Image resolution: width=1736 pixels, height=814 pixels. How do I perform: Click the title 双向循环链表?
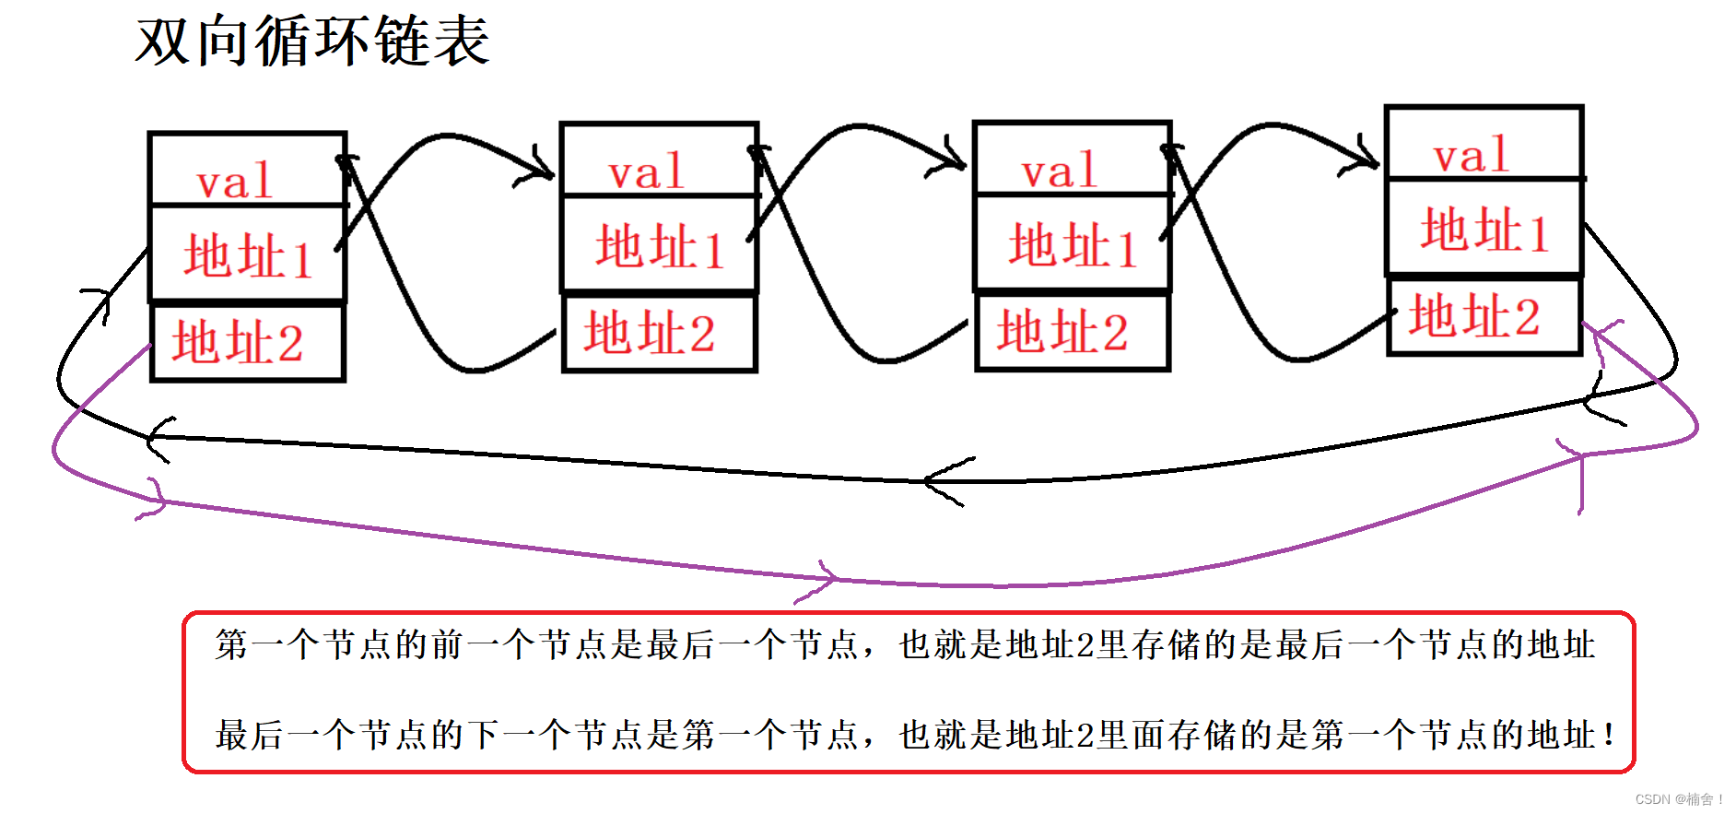312,41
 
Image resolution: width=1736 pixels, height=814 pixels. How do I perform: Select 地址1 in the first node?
248,255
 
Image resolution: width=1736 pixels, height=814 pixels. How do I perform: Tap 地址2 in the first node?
238,342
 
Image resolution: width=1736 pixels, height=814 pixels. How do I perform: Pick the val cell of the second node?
647,171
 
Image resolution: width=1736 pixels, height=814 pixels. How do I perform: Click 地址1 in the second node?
660,247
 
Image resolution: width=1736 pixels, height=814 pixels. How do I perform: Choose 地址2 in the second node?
650,333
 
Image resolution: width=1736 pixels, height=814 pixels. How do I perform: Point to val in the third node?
1060,171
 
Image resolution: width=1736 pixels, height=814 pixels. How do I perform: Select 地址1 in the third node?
1073,246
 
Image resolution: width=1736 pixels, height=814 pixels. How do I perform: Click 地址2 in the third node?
1062,332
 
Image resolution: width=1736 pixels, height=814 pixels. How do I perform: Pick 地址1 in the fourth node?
1484,230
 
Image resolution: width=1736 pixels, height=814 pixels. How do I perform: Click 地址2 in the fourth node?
1474,316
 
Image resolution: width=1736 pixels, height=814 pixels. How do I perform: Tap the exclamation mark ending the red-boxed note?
1609,736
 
